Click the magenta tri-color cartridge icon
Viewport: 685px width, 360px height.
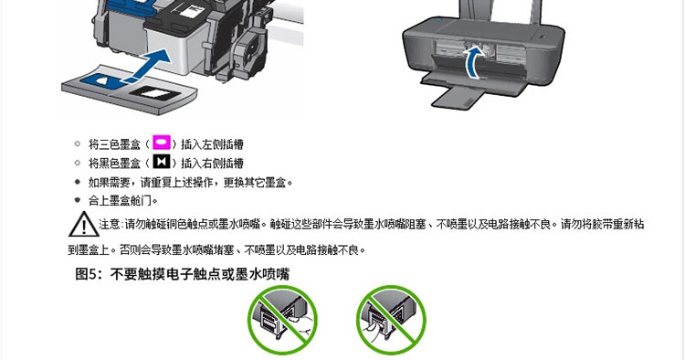pyautogui.click(x=161, y=143)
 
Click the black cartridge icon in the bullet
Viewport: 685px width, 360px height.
pyautogui.click(x=161, y=162)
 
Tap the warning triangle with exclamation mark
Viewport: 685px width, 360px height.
pyautogui.click(x=83, y=224)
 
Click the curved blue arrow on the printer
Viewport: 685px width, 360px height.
pyautogui.click(x=473, y=63)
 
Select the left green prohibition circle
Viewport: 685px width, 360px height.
pyautogui.click(x=282, y=320)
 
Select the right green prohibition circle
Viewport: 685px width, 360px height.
pyautogui.click(x=391, y=320)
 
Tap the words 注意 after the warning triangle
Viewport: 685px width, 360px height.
pyautogui.click(x=110, y=224)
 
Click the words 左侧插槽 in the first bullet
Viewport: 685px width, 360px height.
pyautogui.click(x=223, y=144)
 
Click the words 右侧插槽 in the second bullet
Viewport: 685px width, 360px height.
pyautogui.click(x=223, y=163)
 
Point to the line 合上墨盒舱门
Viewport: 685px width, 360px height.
pyautogui.click(x=122, y=200)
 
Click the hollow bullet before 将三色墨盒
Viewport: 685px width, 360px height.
pyautogui.click(x=78, y=143)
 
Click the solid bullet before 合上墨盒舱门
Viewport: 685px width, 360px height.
pyautogui.click(x=78, y=200)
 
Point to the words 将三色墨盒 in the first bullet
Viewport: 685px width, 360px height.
pyautogui.click(x=114, y=144)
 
